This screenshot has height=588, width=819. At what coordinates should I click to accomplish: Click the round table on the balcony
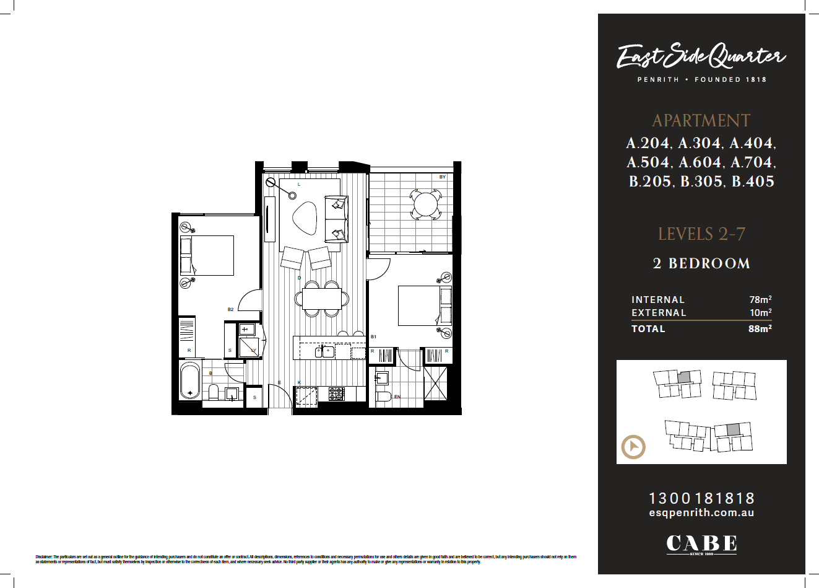click(425, 203)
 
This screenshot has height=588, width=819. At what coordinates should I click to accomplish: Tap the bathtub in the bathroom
click(190, 381)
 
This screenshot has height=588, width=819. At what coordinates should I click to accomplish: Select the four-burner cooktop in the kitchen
click(337, 393)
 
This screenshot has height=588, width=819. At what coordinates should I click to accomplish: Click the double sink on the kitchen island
click(325, 352)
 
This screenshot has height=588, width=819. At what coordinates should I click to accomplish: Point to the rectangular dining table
click(322, 299)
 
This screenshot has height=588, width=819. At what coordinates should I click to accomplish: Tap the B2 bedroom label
click(230, 309)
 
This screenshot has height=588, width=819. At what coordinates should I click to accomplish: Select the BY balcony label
click(442, 177)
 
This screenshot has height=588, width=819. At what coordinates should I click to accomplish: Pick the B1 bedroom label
click(373, 336)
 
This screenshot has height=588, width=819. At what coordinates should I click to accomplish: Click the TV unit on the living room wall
click(269, 219)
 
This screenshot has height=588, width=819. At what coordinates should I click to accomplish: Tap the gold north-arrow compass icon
click(633, 447)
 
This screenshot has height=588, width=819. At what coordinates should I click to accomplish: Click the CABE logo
click(701, 544)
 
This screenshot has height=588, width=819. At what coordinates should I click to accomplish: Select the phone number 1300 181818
click(701, 498)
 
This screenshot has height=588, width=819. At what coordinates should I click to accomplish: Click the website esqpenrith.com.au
click(701, 513)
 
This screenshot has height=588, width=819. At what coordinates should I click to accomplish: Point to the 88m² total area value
click(760, 329)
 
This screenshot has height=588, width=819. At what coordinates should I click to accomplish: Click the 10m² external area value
click(760, 313)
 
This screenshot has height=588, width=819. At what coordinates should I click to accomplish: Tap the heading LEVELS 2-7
click(701, 234)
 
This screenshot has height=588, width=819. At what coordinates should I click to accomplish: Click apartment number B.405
click(753, 182)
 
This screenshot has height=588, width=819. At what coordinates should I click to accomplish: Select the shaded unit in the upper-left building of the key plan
click(683, 377)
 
